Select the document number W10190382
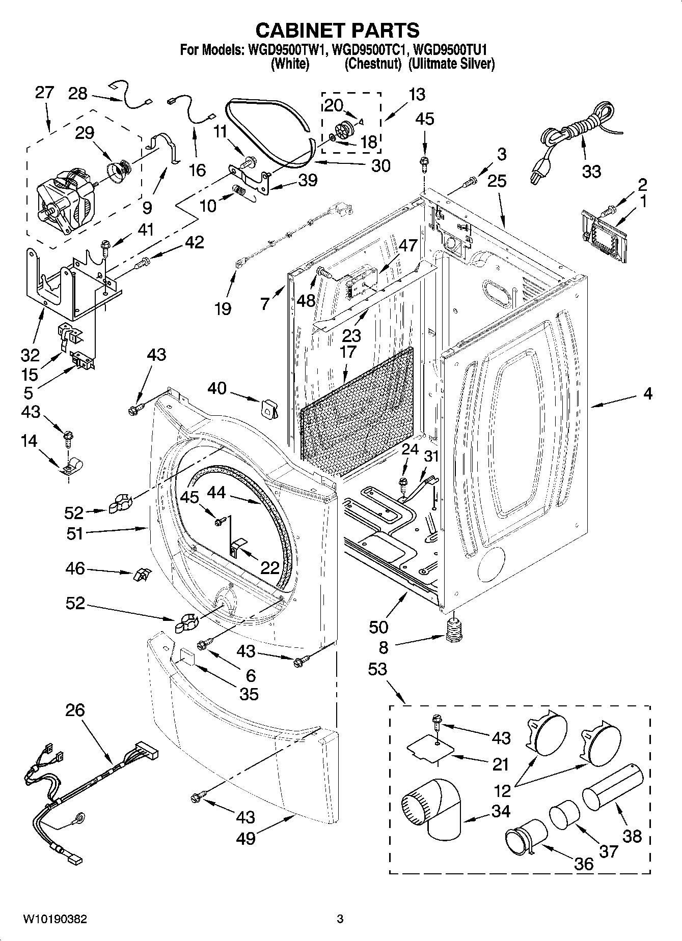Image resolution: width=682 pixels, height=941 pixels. (x=55, y=919)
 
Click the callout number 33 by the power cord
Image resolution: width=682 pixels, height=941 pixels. (x=591, y=172)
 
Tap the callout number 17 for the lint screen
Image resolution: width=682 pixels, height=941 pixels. (x=348, y=352)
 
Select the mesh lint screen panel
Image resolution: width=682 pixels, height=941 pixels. (x=357, y=412)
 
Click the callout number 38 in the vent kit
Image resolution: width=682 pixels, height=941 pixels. (x=632, y=836)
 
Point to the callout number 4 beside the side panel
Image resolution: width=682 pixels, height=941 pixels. (x=647, y=393)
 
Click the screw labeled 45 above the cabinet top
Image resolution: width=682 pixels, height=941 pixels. (x=423, y=162)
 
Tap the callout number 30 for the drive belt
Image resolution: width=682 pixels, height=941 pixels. (x=380, y=165)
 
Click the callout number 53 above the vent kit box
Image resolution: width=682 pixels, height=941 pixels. (x=378, y=669)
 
